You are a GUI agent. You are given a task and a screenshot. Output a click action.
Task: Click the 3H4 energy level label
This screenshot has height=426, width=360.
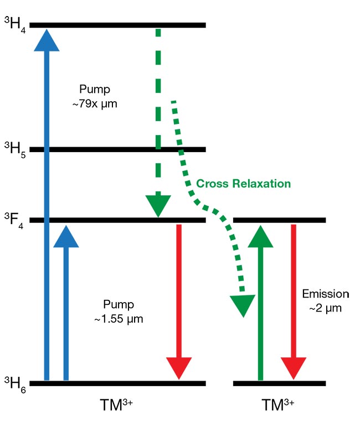[12, 25]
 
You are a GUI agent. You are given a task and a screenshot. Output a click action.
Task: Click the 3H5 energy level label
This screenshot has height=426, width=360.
[12, 150]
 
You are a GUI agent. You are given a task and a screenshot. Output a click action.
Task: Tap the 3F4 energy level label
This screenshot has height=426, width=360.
[12, 221]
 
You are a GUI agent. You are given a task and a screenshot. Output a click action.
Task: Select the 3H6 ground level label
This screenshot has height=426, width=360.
[12, 383]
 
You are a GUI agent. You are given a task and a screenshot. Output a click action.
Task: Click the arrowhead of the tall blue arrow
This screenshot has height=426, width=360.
[47, 39]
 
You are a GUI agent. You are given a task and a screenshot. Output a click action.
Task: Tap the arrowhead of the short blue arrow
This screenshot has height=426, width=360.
[65, 236]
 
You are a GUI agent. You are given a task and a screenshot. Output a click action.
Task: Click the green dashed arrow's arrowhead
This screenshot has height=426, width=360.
[158, 205]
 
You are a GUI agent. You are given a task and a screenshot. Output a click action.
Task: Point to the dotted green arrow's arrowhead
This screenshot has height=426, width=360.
[242, 305]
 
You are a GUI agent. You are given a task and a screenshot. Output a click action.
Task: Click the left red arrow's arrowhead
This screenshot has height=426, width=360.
[179, 368]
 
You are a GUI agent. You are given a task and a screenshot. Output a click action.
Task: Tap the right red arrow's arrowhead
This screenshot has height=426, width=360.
[293, 368]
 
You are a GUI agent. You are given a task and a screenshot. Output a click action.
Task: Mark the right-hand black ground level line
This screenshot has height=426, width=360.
[280, 383]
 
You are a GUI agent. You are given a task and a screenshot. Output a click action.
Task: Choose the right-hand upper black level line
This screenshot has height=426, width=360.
[280, 221]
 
